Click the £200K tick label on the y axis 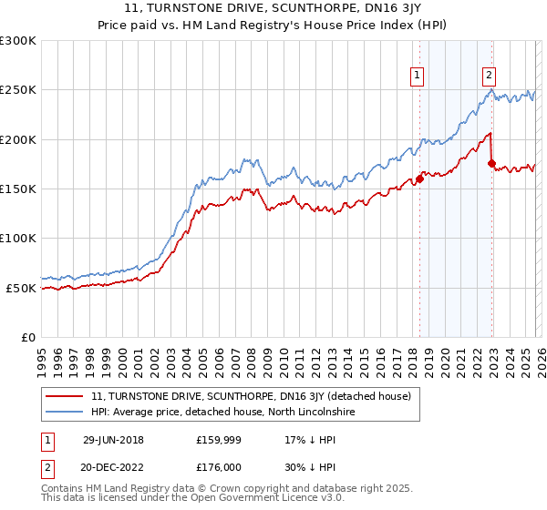coord(18,140)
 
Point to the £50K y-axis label coord(21,288)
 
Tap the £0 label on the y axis coord(28,338)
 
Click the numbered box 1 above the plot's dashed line coord(418,76)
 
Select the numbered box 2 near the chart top coord(490,76)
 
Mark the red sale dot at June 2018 coord(420,179)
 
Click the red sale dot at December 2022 coord(492,164)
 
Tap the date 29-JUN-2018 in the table coord(113,439)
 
